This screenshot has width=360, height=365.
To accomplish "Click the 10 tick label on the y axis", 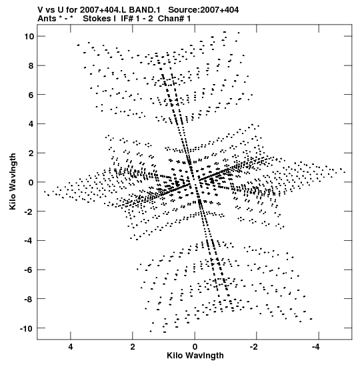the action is pos(29,36).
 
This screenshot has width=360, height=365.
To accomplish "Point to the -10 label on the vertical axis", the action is pos(26,329).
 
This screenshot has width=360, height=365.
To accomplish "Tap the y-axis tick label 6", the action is pos(31,95).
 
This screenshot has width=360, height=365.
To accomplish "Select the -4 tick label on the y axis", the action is pos(29,240).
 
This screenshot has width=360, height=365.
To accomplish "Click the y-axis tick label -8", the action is pos(29,299).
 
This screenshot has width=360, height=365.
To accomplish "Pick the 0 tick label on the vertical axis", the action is pos(31,183).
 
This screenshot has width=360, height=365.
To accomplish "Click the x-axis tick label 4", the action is pos(71,347).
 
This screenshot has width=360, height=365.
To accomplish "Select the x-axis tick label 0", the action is pos(195,347).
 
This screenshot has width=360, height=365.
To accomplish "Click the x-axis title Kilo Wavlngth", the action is pos(195,356).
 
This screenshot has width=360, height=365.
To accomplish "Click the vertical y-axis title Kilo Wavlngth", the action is pos(13,181).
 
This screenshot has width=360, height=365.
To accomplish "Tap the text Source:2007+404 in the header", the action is pos(203,10).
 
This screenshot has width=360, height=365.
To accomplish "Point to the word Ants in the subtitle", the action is pos(47,19).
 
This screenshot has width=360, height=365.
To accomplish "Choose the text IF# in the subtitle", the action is pos(127,19).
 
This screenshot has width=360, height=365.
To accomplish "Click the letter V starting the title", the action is pos(40,10).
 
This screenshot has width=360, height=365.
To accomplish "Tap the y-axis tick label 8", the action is pos(31,65).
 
